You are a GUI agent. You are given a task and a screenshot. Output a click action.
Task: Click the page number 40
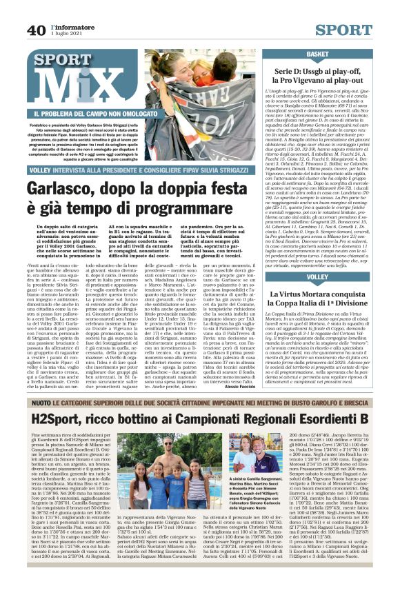tap(37, 30)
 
